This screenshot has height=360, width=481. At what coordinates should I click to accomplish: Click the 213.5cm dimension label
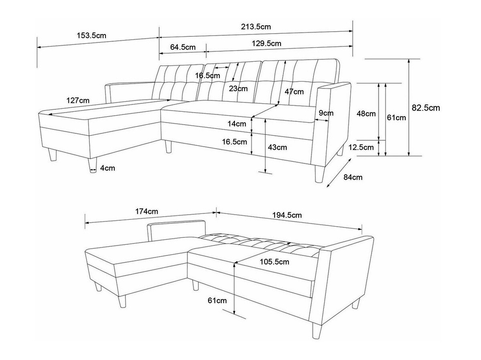(x=256, y=27)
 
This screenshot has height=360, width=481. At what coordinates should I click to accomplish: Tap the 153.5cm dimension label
(x=91, y=36)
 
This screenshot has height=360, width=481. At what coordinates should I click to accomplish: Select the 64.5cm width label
(x=183, y=47)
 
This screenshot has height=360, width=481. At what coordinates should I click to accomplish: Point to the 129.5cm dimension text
(x=266, y=43)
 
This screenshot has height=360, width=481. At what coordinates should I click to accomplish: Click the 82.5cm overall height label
(x=426, y=108)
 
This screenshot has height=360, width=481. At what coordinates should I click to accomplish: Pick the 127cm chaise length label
(x=78, y=101)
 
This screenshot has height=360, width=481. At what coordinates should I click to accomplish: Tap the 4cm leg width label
(x=107, y=168)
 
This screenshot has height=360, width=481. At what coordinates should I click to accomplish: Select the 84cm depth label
(x=353, y=177)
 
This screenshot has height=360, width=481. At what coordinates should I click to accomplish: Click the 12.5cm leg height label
(x=361, y=147)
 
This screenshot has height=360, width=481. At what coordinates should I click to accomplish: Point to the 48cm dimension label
(x=366, y=114)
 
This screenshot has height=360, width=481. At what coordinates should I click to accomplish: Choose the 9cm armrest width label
(x=326, y=113)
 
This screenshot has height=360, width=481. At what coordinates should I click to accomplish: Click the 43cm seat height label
(x=277, y=147)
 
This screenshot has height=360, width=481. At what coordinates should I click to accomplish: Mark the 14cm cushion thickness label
(x=236, y=124)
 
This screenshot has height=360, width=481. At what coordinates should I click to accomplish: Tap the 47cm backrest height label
(x=294, y=92)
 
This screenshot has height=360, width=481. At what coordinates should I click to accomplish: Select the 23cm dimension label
(x=238, y=88)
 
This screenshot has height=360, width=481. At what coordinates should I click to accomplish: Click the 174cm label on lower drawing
(x=146, y=211)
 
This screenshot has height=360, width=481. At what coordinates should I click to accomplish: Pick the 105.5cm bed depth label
(x=274, y=262)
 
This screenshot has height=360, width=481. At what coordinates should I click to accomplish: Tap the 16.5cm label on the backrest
(x=208, y=76)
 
